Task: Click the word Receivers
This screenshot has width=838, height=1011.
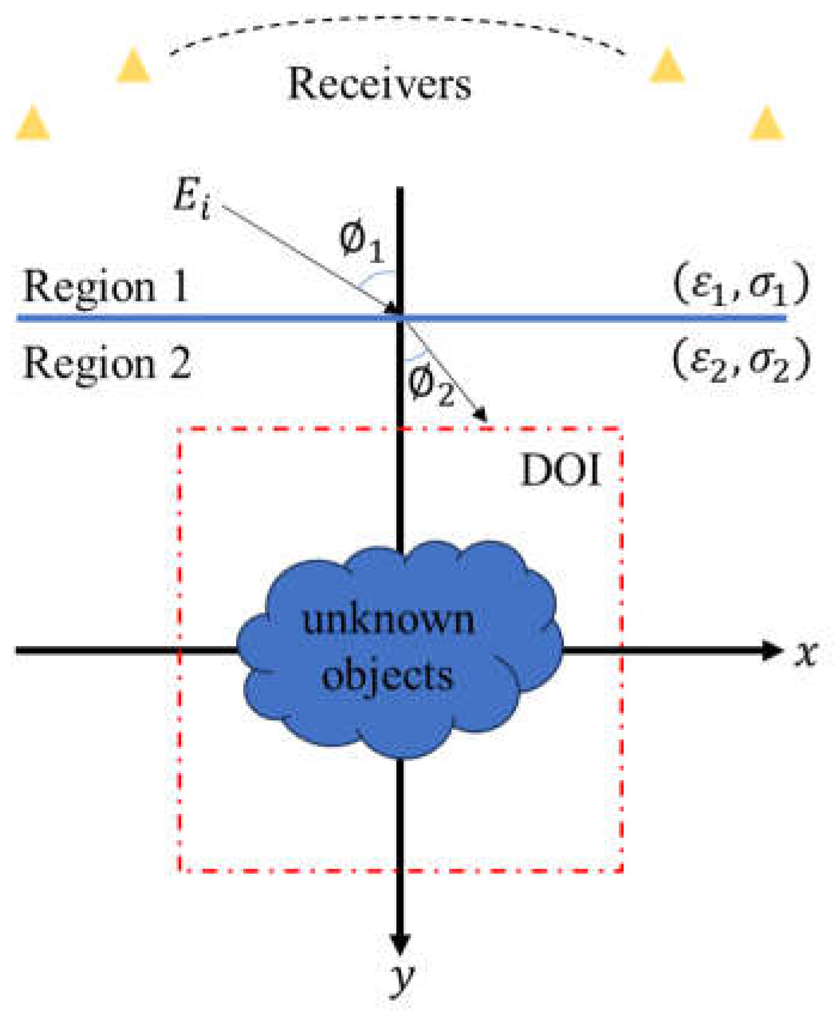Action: click(380, 84)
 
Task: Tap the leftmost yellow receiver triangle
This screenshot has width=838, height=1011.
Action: click(33, 124)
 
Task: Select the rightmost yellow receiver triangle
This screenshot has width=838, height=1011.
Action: click(766, 124)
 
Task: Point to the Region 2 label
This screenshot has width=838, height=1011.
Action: click(107, 363)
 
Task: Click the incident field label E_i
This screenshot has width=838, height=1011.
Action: click(191, 198)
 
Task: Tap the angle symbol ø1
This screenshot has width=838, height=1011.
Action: click(360, 242)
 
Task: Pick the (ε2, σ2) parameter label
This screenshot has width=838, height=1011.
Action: click(741, 361)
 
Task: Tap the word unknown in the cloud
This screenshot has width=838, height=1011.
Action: click(389, 619)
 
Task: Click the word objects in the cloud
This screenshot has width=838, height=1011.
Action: click(387, 677)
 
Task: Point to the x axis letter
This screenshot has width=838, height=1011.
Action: click(806, 652)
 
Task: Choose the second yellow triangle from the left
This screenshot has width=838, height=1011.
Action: click(133, 66)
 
